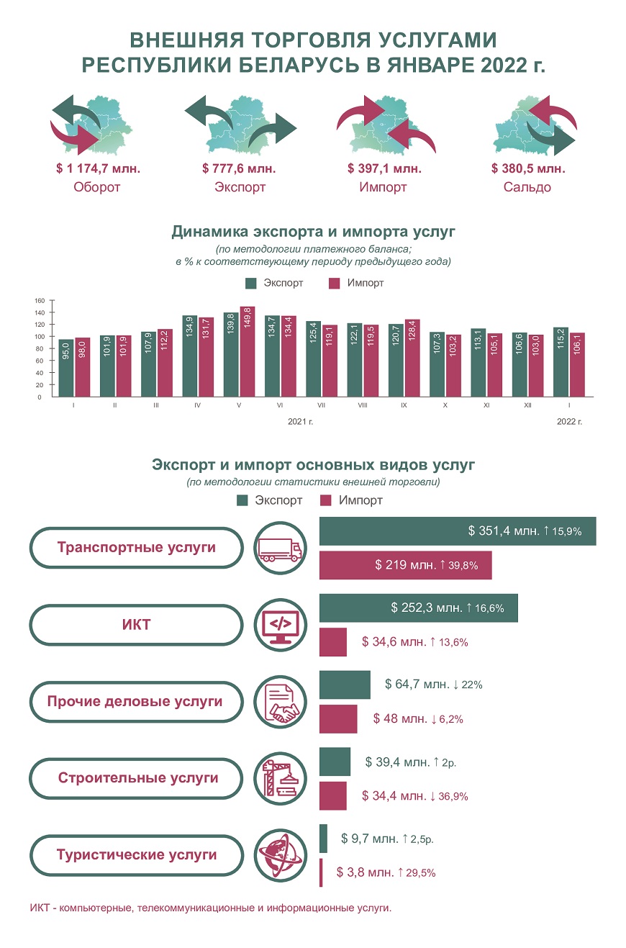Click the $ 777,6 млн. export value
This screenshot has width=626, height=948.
pyautogui.click(x=239, y=168)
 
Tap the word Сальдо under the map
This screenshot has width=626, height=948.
pyautogui.click(x=527, y=187)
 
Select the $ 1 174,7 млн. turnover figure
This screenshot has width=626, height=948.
pyautogui.click(x=98, y=168)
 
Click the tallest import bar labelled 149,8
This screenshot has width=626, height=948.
pyautogui.click(x=248, y=352)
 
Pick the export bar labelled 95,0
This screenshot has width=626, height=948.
pyautogui.click(x=66, y=369)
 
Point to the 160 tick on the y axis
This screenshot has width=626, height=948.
pyautogui.click(x=40, y=300)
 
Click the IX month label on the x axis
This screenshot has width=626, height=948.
pyautogui.click(x=404, y=405)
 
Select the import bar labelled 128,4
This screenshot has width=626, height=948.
pyautogui.click(x=412, y=358)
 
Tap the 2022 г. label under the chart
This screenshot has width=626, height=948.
pyautogui.click(x=569, y=422)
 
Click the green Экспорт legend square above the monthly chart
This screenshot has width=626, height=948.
pyautogui.click(x=251, y=283)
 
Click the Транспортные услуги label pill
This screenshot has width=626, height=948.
pyautogui.click(x=136, y=548)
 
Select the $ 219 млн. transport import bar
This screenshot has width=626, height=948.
pyautogui.click(x=406, y=565)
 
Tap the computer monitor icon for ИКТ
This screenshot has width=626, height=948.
pyautogui.click(x=280, y=625)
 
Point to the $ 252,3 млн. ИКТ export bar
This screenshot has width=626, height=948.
pyautogui.click(x=419, y=608)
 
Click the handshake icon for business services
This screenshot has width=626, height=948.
pyautogui.click(x=280, y=702)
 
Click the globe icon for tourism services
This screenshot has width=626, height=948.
pyautogui.click(x=280, y=855)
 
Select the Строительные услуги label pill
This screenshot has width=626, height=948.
pyautogui.click(x=136, y=778)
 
